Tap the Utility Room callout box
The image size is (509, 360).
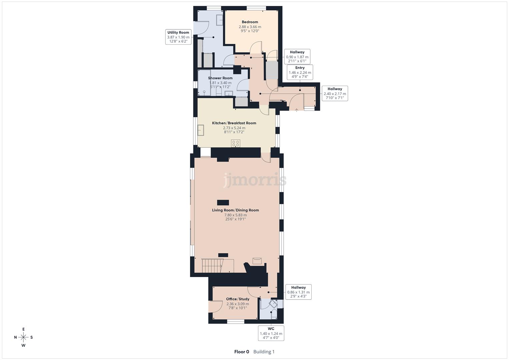[178, 37]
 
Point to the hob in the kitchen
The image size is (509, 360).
[236, 144]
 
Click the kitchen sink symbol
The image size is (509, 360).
[201, 130]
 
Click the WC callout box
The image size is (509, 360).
[271, 333]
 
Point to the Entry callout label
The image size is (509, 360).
[300, 72]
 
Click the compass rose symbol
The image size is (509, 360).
[23, 337]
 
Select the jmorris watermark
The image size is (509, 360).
[255, 180]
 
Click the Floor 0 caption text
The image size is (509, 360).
[242, 352]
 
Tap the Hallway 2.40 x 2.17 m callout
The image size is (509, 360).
[335, 93]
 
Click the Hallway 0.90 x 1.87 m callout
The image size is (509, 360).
[297, 57]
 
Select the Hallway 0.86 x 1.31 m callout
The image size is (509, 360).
[298, 292]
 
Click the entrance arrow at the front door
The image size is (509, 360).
[297, 109]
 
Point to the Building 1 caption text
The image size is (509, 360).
[264, 352]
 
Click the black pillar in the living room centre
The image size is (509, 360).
[223, 202]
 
